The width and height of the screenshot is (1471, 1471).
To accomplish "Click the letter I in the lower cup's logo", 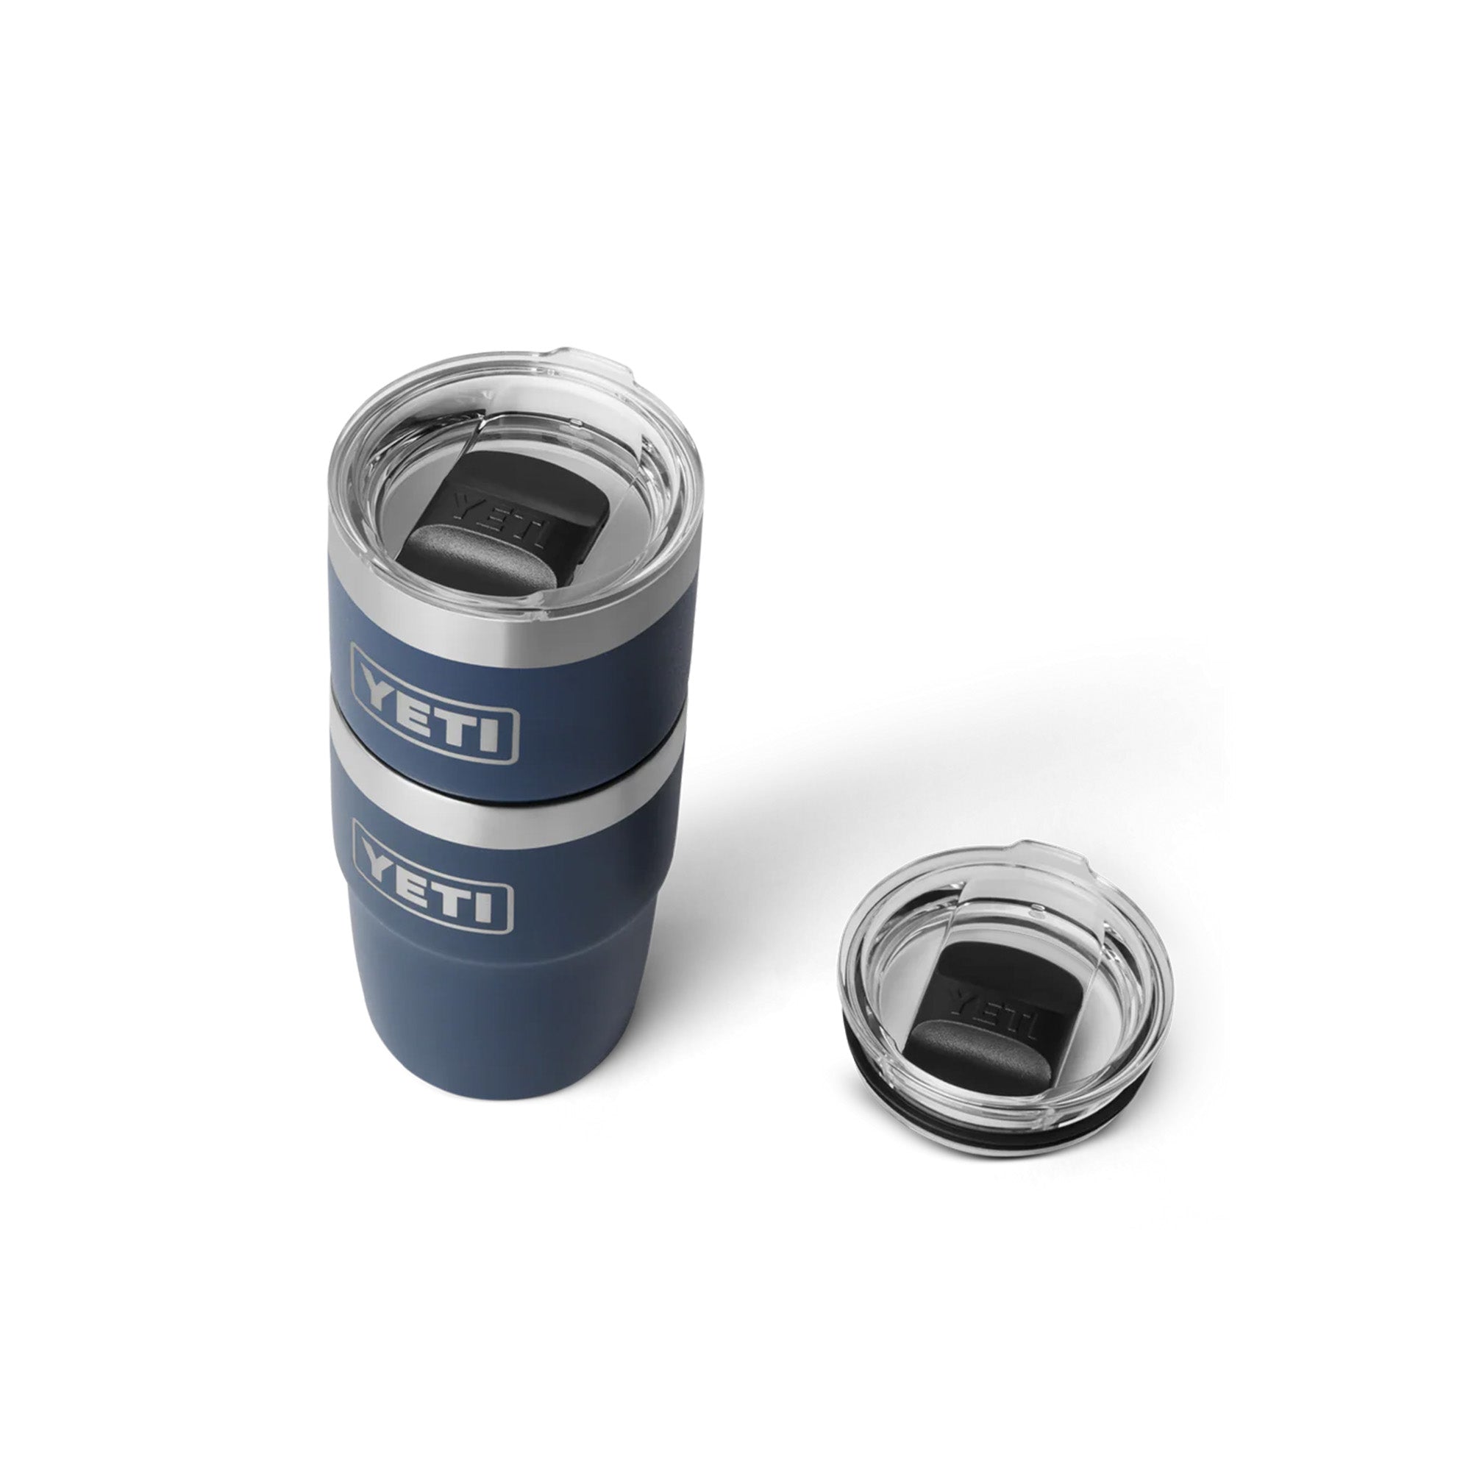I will point(491,907).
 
